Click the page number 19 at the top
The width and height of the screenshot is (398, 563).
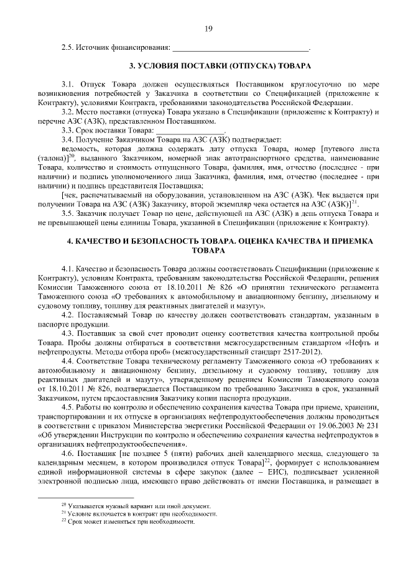tap(208, 28)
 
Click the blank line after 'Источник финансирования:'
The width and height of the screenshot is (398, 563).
tap(239, 49)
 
